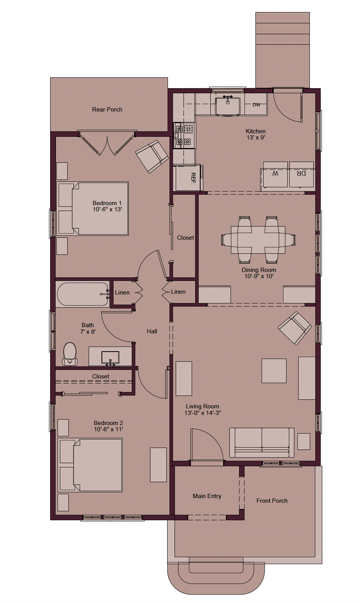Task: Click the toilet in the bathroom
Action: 70,354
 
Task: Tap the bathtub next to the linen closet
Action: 82,294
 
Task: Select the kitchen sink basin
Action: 227,106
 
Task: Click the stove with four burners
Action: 184,136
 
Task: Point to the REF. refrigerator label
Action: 193,178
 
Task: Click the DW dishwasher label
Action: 256,105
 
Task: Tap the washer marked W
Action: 275,174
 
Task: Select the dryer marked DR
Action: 301,174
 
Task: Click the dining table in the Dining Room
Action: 258,240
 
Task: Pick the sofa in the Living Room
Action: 262,443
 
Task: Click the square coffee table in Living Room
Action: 274,371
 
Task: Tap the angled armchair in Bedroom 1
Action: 152,157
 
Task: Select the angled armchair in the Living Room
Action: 295,328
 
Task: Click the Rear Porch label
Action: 107,110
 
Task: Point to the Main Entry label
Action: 207,496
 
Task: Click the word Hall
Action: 152,331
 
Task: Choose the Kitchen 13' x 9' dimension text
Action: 256,134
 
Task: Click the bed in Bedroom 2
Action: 91,465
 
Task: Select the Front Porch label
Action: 272,501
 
